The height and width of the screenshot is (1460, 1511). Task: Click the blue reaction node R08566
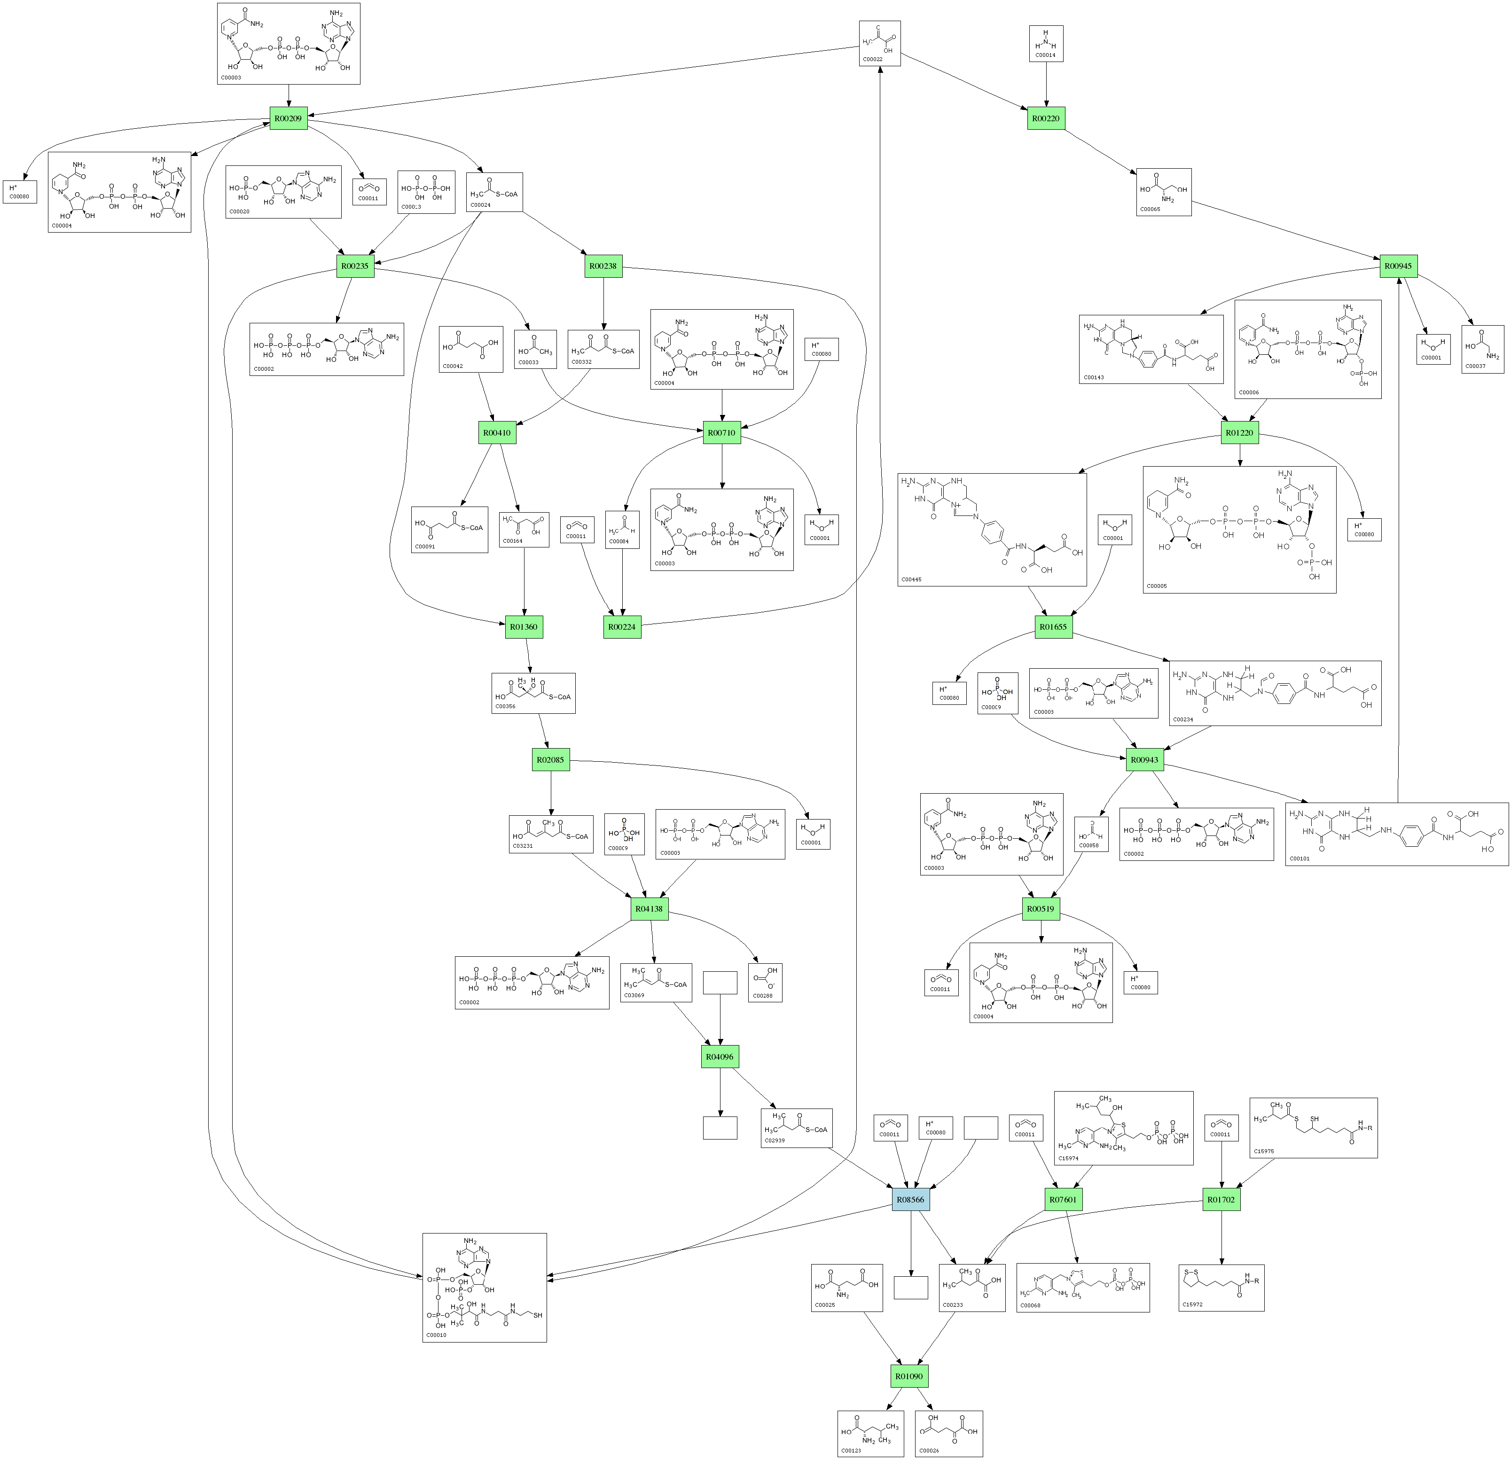(910, 1200)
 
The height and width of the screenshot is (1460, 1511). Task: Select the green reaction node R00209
(288, 119)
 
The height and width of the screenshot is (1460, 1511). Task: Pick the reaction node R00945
(1398, 266)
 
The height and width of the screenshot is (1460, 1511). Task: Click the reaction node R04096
(720, 1057)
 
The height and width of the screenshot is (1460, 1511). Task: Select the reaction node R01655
(1053, 627)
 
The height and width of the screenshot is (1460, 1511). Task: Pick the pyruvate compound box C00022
(880, 43)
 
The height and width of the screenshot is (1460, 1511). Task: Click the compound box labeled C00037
(1482, 349)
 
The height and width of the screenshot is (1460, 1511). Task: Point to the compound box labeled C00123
(870, 1434)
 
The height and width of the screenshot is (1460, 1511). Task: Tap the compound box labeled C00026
(948, 1434)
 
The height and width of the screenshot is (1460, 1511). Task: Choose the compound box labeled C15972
(1221, 1288)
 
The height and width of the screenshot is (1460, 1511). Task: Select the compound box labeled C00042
(470, 349)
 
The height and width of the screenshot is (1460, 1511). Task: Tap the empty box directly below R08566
(910, 1288)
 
